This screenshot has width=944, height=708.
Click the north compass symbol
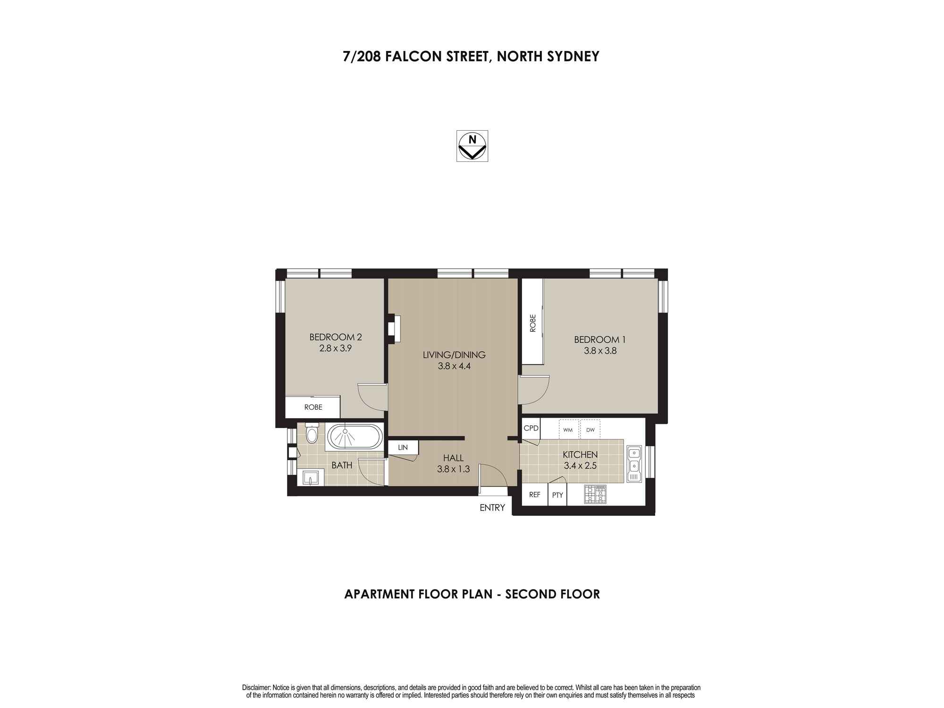[472, 146]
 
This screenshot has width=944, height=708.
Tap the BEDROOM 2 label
[336, 337]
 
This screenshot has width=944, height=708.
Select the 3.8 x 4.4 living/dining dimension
[454, 366]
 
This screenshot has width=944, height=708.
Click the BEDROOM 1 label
[600, 339]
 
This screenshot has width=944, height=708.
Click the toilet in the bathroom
[312, 433]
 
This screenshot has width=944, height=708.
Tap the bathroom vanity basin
[310, 478]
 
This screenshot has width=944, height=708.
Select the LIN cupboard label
[403, 447]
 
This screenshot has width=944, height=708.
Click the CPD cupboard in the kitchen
[531, 429]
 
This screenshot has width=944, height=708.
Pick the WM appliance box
[568, 430]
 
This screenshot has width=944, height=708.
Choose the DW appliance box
[590, 430]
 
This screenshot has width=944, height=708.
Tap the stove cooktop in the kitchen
[595, 494]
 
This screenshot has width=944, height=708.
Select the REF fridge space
[534, 495]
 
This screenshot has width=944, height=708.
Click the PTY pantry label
[557, 495]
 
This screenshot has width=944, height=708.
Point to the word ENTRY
[492, 508]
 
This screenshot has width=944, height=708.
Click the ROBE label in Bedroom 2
[313, 407]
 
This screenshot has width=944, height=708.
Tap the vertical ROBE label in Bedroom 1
[533, 323]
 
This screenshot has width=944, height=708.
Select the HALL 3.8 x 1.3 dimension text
[453, 469]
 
